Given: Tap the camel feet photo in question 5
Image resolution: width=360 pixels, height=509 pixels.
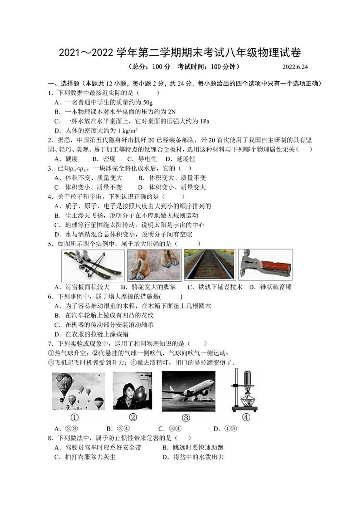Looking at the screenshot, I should click(154, 264).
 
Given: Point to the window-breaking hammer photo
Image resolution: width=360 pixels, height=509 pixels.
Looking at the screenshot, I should click(265, 264).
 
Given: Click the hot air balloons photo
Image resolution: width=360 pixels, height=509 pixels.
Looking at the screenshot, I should click(78, 391).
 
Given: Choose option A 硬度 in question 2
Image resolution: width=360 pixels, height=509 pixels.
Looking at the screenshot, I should click(66, 159).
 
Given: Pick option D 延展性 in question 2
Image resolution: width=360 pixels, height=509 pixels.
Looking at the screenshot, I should click(180, 159).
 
